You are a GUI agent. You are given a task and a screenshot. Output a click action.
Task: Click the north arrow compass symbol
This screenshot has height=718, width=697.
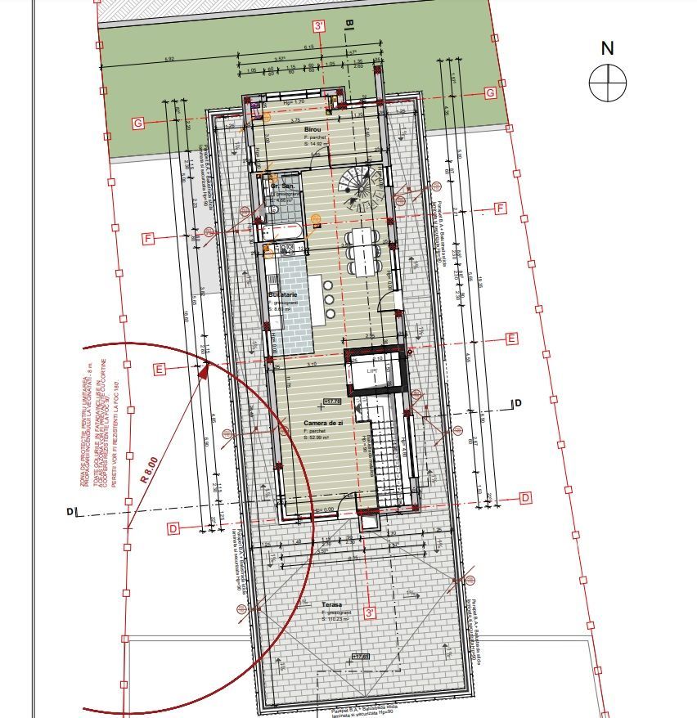(608, 83)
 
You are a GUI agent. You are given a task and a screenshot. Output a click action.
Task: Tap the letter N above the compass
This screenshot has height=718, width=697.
(607, 48)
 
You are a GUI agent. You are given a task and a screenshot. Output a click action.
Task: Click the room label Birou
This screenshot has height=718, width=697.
(312, 130)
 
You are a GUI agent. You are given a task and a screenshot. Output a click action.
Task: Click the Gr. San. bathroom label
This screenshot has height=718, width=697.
(283, 186)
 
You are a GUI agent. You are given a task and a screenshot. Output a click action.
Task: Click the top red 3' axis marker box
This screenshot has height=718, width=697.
(319, 26)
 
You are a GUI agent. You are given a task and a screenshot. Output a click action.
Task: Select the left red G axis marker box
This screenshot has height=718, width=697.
(138, 123)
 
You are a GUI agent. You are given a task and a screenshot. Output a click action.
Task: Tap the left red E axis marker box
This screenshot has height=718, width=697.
(160, 369)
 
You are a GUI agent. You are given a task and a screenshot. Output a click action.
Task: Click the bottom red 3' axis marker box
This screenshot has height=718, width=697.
(371, 612)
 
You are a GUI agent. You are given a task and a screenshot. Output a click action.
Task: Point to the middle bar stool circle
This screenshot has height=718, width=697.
(328, 299)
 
